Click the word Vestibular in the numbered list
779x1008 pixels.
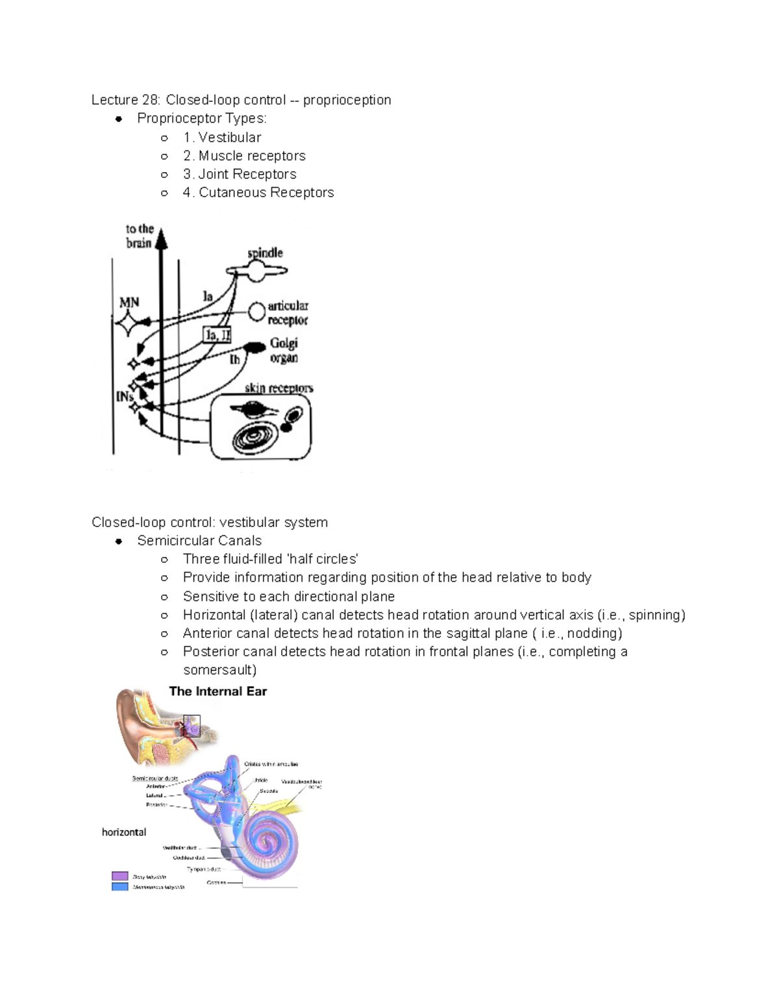coord(230,138)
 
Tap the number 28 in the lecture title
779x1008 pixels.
coord(151,100)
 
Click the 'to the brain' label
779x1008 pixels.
coord(139,236)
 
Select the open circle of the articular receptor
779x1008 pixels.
coord(256,312)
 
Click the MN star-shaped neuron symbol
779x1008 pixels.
coord(129,323)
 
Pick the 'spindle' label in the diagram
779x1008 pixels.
coord(265,252)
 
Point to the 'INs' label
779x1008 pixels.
coord(125,395)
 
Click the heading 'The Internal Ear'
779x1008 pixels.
coord(218,692)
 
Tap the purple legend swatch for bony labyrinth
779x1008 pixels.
coord(119,876)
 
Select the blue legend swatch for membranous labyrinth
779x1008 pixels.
coord(119,886)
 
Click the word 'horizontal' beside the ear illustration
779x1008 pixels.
coord(124,832)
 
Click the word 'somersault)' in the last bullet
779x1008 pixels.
coord(219,670)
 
